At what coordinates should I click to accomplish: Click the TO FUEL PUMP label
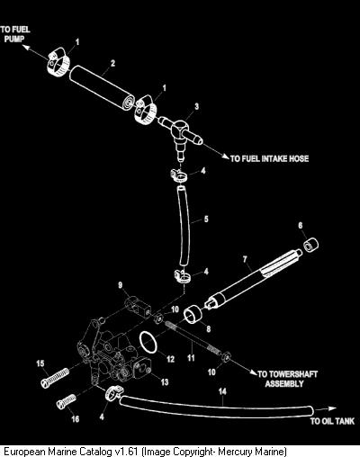[15, 34]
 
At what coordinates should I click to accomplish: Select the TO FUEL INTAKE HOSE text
[269, 158]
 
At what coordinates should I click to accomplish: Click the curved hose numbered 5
[184, 226]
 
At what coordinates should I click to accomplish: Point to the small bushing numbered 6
[310, 245]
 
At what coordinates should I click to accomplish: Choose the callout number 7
[245, 259]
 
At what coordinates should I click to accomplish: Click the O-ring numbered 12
[148, 343]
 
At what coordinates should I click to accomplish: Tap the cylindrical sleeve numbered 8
[193, 314]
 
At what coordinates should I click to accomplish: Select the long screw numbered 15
[55, 379]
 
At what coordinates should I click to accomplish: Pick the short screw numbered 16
[66, 401]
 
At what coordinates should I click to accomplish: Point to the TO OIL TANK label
[332, 421]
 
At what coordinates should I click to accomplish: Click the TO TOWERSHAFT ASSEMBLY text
[287, 379]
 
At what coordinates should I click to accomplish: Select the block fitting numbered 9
[138, 306]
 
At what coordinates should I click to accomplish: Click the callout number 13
[165, 382]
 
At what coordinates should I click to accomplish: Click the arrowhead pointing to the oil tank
[332, 408]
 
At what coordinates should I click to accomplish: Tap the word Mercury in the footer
[235, 451]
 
